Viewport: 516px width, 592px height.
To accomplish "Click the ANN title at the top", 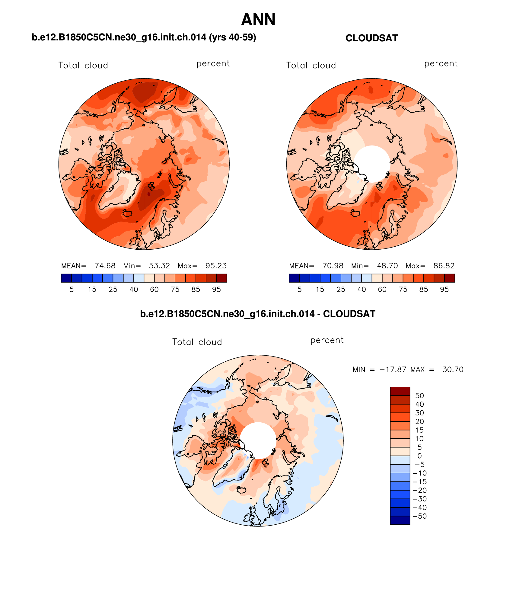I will (x=258, y=20).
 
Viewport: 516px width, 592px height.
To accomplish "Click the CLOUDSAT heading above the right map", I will (x=371, y=38).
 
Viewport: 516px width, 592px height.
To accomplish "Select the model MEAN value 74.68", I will (x=105, y=266).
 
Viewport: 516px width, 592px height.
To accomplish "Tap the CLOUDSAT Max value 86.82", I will (x=444, y=266).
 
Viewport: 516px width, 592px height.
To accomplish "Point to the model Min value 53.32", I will (x=159, y=266).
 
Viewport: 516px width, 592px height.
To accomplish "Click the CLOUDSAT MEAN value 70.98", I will (x=333, y=266).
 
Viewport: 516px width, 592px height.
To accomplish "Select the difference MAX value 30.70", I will (x=453, y=370).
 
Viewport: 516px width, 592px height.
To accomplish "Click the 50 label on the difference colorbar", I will (x=419, y=395).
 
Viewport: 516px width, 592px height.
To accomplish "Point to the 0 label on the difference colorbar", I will (x=419, y=456).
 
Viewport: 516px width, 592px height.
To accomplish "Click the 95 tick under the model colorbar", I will (x=216, y=290).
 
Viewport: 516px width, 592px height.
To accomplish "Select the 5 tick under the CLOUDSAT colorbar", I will (x=299, y=290).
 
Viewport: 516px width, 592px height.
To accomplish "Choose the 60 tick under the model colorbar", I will (x=154, y=290).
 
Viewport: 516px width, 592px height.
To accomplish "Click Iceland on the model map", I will (x=127, y=213).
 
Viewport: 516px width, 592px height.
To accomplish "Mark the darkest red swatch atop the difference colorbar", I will (x=400, y=391).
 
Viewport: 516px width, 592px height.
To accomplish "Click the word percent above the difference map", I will (x=327, y=340).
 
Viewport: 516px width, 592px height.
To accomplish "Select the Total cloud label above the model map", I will (x=83, y=66).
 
